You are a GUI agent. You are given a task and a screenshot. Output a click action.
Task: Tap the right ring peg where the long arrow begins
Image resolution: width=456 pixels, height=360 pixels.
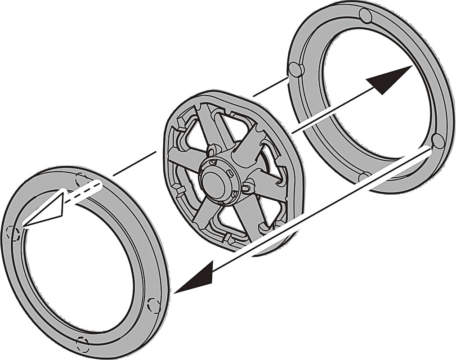tap(437, 141)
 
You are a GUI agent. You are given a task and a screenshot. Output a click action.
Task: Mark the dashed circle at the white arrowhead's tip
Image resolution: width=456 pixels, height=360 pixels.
tap(13, 233)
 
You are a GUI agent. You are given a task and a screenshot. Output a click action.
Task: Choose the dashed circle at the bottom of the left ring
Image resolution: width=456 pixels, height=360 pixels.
tap(83, 344)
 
